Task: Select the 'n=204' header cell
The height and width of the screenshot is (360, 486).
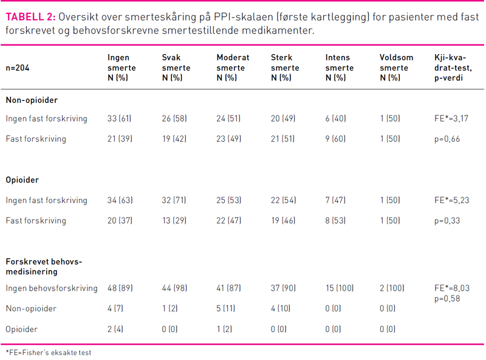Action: coord(18,67)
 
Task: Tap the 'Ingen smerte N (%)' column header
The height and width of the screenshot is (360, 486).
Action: coord(122,67)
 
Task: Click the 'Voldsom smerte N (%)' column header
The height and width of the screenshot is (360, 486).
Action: coord(396,67)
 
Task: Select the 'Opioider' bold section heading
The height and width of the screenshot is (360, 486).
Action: coord(22,181)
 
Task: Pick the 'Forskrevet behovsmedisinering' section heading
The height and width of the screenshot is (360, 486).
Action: coord(44,266)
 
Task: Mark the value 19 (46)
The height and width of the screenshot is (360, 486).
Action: coord(283,220)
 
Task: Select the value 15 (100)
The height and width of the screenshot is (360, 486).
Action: coord(340,288)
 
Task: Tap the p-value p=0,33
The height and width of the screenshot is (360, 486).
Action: coord(447,220)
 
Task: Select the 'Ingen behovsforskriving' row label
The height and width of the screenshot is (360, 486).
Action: coord(52,288)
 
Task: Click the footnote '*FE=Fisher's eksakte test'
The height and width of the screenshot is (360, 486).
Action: coord(49,352)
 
